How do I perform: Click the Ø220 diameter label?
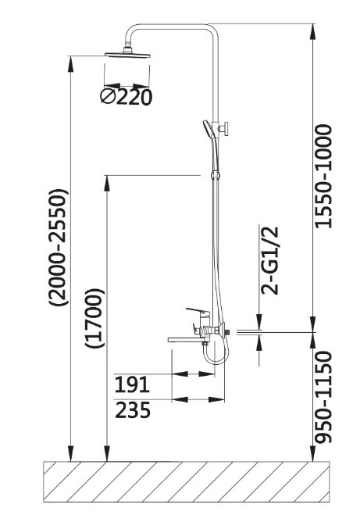[x=126, y=97]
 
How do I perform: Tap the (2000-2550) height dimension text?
[x=59, y=247]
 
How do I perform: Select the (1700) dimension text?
[x=94, y=318]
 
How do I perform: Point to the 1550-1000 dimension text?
[x=323, y=176]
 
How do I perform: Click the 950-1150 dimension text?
[x=323, y=397]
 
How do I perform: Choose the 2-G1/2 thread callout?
[x=269, y=261]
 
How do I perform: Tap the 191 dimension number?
[x=132, y=384]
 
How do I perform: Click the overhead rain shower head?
[x=127, y=54]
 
